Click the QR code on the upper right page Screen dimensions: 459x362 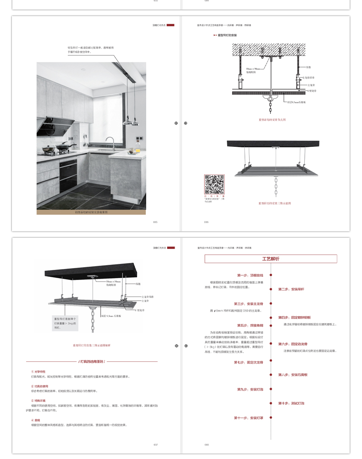[214, 185]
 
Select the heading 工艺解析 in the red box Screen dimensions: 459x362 [270, 259]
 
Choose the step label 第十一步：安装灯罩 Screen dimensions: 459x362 [248, 418]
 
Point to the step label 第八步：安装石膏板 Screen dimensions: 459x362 [293, 375]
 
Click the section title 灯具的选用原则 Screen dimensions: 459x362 [95, 361]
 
